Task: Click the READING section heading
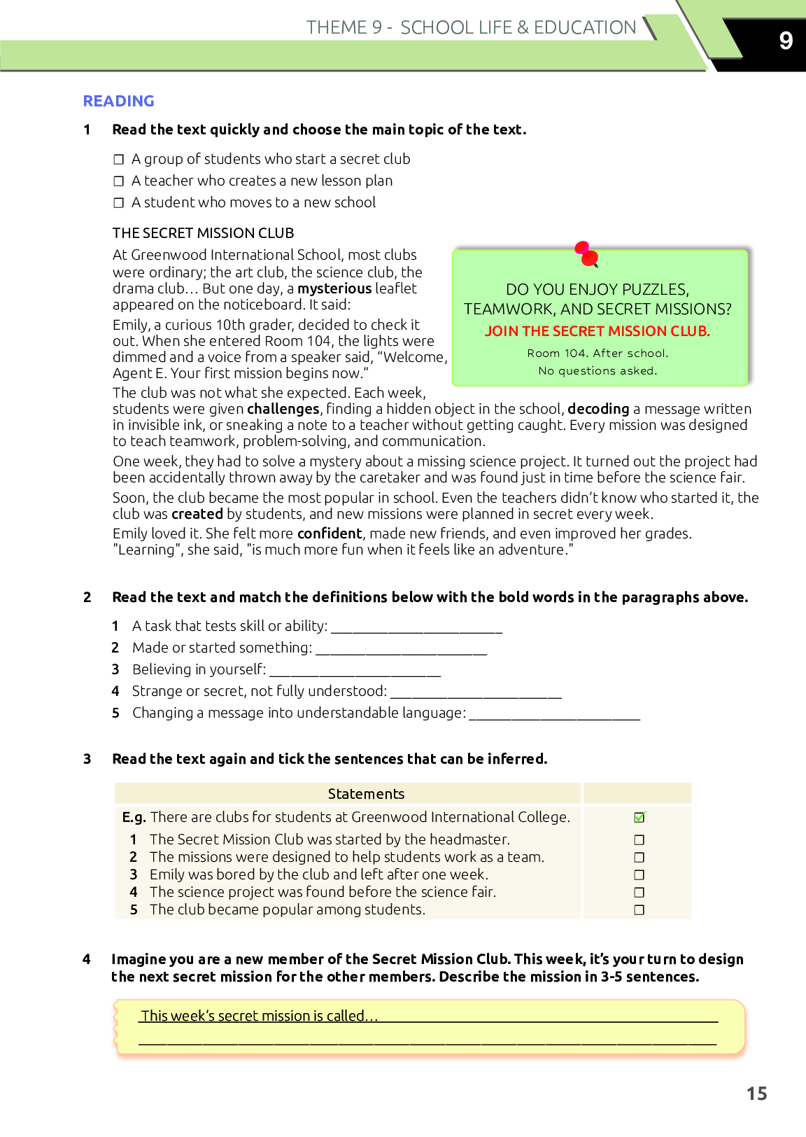click(x=118, y=101)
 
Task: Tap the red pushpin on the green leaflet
click(x=587, y=255)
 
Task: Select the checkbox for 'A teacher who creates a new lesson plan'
click(x=119, y=181)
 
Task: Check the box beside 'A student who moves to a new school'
click(x=119, y=203)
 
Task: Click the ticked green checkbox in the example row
click(x=639, y=817)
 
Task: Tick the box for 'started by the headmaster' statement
click(x=639, y=839)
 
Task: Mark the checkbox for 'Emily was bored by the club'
click(x=639, y=874)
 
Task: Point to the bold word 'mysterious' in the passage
click(x=334, y=288)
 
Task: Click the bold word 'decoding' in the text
click(x=598, y=409)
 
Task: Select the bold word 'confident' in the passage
click(x=330, y=533)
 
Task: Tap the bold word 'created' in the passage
click(x=197, y=514)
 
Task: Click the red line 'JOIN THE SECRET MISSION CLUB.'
click(x=598, y=331)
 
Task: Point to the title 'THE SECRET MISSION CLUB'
click(x=203, y=233)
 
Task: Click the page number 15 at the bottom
click(x=756, y=1094)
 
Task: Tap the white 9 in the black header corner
click(x=786, y=41)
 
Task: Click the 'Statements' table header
click(x=366, y=794)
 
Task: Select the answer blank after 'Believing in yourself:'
click(x=355, y=671)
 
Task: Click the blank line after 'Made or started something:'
click(x=401, y=649)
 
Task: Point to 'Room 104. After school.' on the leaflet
click(x=598, y=354)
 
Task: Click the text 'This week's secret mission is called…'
click(x=260, y=1016)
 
